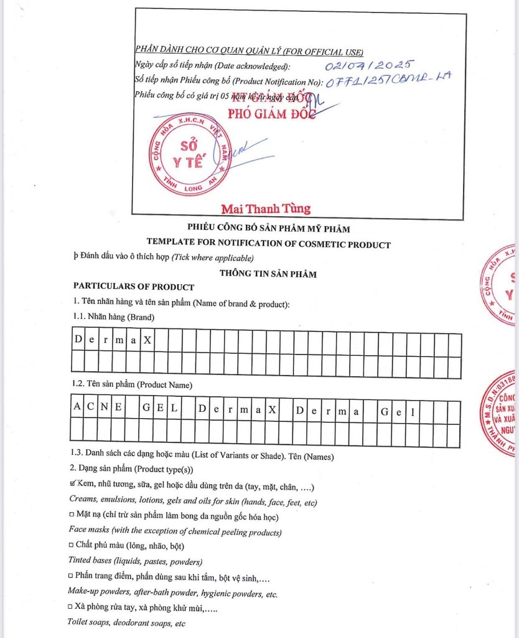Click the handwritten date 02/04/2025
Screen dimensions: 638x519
(369, 65)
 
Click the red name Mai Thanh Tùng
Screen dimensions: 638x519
(266, 208)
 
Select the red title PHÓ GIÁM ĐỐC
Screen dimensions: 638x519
(272, 113)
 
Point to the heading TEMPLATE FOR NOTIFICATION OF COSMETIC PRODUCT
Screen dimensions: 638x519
(268, 244)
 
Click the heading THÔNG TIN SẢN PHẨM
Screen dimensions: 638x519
(268, 274)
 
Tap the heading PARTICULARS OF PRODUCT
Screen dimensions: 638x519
(134, 287)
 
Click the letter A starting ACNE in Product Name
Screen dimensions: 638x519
(77, 409)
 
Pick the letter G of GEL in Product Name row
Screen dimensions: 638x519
(146, 409)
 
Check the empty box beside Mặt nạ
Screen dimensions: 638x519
(72, 517)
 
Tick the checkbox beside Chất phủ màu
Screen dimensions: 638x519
(72, 546)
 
